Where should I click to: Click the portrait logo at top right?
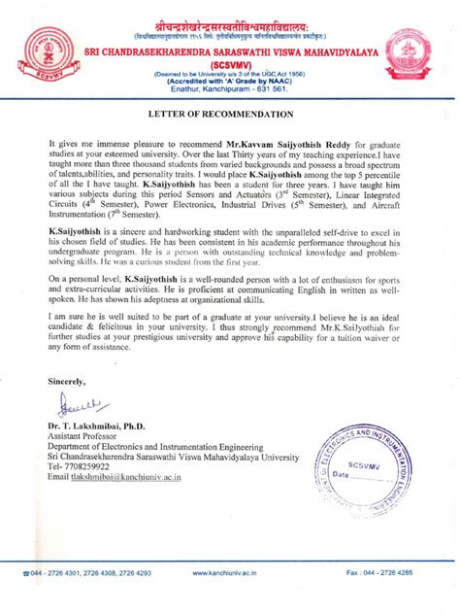[x=413, y=53]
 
